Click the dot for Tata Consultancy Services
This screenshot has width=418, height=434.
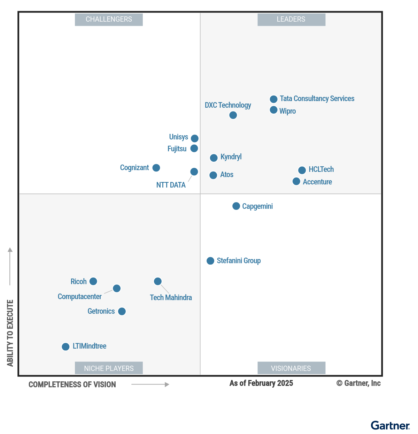274,99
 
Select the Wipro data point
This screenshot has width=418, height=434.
274,110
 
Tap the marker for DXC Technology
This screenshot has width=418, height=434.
233,115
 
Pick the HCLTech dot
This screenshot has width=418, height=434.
302,170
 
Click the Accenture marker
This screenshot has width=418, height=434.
296,181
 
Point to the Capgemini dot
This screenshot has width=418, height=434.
236,206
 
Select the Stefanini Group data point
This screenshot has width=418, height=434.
210,261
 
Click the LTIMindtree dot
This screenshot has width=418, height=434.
65,347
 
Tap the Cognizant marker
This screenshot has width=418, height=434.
156,168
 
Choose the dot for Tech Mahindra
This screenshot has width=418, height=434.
158,281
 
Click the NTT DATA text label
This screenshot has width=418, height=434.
171,185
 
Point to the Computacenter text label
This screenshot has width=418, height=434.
79,297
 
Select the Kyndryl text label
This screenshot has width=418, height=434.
231,157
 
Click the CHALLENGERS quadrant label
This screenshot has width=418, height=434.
109,20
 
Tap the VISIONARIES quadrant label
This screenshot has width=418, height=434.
291,368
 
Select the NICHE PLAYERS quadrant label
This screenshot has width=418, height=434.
109,368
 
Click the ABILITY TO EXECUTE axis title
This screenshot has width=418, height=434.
10,333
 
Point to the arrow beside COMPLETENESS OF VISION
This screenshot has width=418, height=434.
150,384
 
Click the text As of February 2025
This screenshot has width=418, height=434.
261,383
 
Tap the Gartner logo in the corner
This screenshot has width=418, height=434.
390,426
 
